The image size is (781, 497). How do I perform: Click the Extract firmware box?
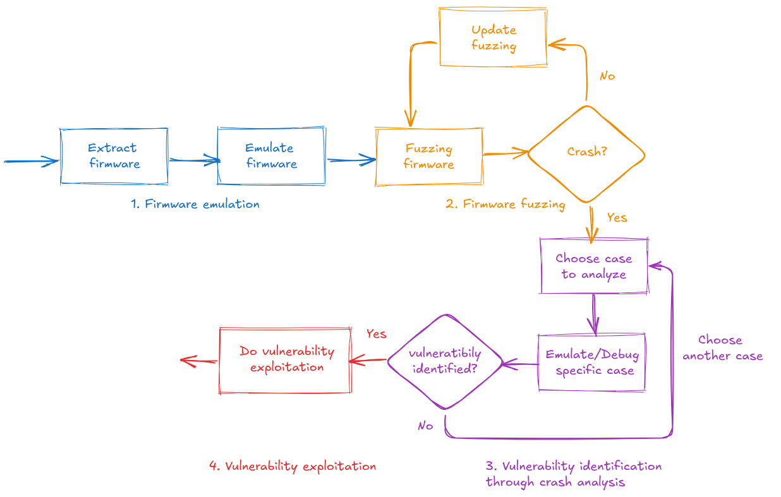pyautogui.click(x=114, y=156)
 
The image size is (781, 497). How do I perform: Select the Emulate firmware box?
pyautogui.click(x=271, y=156)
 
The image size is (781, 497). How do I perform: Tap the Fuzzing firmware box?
pyautogui.click(x=429, y=157)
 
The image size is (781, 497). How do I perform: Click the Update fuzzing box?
pyautogui.click(x=493, y=38)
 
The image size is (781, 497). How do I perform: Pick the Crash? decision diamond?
pyautogui.click(x=586, y=153)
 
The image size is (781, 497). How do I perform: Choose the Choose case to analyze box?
pyautogui.click(x=594, y=266)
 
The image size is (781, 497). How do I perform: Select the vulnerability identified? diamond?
pyautogui.click(x=445, y=361)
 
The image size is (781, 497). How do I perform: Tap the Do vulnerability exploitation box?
pyautogui.click(x=286, y=360)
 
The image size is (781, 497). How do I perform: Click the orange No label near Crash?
pyautogui.click(x=607, y=76)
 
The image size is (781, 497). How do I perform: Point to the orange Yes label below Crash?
pyautogui.click(x=617, y=218)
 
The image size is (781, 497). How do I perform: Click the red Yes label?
pyautogui.click(x=376, y=334)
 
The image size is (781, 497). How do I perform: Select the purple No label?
pyautogui.click(x=425, y=426)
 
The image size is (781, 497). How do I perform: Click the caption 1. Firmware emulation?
pyautogui.click(x=195, y=205)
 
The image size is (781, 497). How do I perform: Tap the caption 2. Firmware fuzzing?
pyautogui.click(x=505, y=205)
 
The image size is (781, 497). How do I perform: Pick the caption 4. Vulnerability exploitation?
pyautogui.click(x=293, y=467)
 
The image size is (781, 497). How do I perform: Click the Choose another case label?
pyautogui.click(x=722, y=348)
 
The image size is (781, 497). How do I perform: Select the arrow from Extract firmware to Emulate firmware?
pyautogui.click(x=193, y=160)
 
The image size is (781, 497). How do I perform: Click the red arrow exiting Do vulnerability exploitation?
pyautogui.click(x=198, y=361)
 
